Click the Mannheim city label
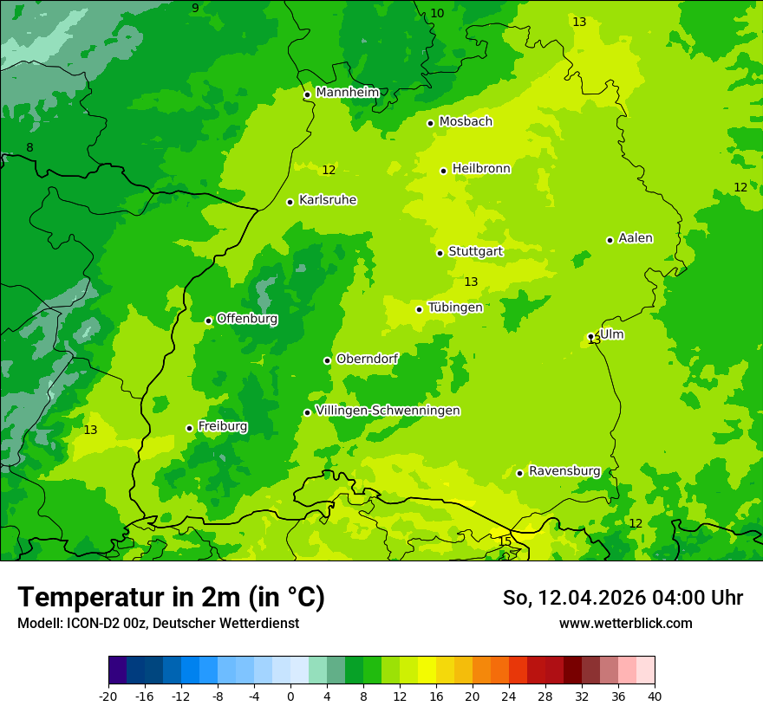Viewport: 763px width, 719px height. tap(347, 93)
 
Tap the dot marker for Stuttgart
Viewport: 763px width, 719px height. tap(440, 253)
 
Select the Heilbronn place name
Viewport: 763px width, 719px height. tap(481, 169)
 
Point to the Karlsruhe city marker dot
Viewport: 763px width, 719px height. tap(290, 202)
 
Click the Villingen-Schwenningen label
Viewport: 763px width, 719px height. tap(388, 411)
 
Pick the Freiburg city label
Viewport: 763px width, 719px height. tap(222, 426)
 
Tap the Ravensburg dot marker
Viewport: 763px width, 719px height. tap(519, 473)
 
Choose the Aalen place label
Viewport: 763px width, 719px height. tap(636, 238)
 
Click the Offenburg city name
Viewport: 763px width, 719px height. tap(247, 319)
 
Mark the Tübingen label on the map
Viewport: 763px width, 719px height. tap(455, 308)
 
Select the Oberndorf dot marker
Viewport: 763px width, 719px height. tap(327, 360)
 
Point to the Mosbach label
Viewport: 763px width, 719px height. tap(466, 122)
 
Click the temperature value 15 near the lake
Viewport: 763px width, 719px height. tap(505, 541)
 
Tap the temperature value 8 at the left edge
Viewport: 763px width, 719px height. tap(29, 148)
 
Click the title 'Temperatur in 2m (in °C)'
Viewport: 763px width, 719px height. tap(171, 597)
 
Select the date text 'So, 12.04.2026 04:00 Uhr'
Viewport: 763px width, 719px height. tap(623, 598)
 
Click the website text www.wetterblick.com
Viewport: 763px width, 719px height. tap(625, 623)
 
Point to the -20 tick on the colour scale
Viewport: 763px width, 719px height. tap(108, 696)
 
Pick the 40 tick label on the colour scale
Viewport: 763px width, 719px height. tap(654, 696)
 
